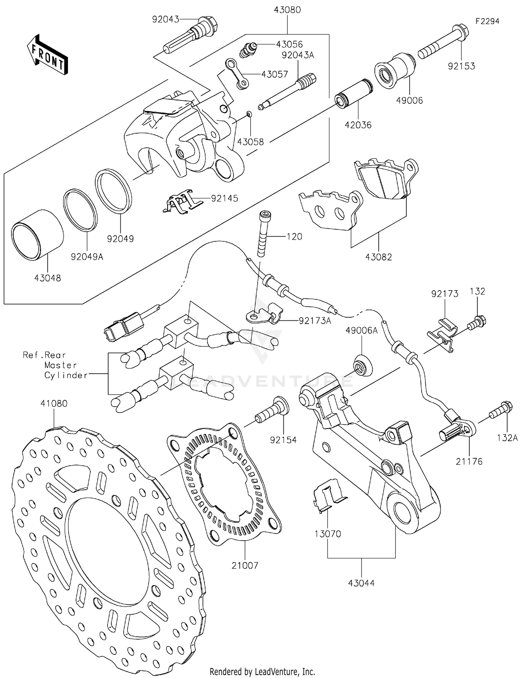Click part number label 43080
click(287, 10)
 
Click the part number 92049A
click(87, 257)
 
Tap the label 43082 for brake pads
click(378, 257)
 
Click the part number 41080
click(54, 403)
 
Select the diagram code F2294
click(487, 21)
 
